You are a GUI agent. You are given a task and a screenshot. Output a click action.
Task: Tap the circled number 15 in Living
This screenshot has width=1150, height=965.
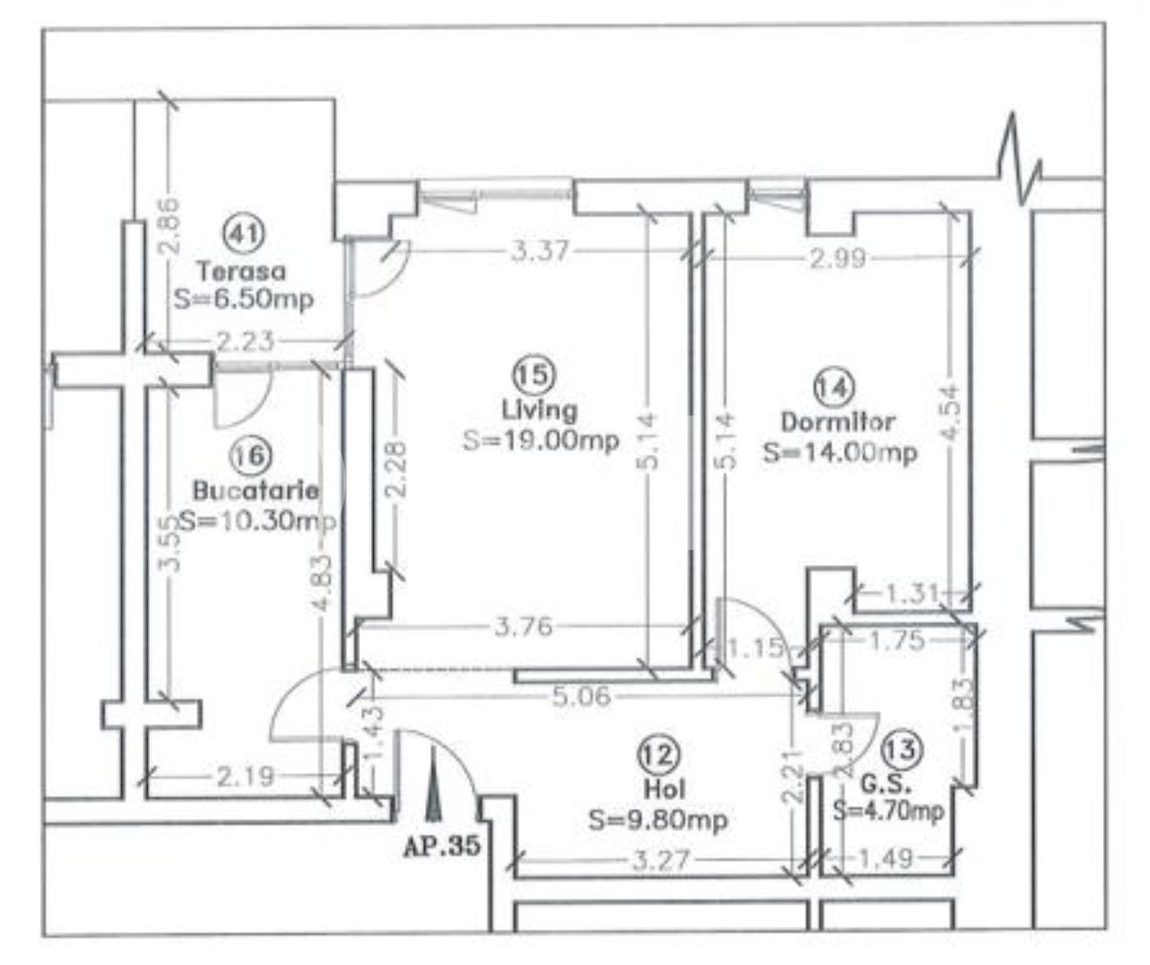(x=534, y=374)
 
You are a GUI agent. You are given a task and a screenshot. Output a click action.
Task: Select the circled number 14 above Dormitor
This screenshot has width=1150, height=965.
(x=835, y=388)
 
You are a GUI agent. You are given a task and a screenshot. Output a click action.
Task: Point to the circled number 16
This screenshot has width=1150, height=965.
(x=250, y=455)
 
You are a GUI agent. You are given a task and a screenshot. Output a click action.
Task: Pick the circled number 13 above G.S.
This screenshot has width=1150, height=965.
(x=902, y=750)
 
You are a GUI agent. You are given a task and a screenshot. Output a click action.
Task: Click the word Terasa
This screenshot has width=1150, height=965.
(x=242, y=272)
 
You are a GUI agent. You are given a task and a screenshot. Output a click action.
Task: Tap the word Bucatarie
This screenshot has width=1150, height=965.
(x=255, y=491)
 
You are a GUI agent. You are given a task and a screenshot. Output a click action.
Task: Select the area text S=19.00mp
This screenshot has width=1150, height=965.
(x=541, y=441)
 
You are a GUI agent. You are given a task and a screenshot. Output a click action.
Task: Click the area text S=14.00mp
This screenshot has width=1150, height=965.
(x=840, y=454)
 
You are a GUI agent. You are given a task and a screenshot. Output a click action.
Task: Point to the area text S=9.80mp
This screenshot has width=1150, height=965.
(x=659, y=821)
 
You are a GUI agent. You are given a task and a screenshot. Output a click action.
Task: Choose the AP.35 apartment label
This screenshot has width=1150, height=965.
(x=442, y=846)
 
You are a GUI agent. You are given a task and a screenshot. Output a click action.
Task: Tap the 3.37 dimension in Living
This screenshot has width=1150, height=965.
(x=539, y=253)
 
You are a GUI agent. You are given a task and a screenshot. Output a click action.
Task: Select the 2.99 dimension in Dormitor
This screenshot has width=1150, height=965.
(x=837, y=258)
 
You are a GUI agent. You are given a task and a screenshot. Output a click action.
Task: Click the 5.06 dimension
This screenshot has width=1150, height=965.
(x=581, y=698)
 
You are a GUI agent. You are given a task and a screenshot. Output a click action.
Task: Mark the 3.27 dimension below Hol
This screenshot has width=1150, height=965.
(x=661, y=860)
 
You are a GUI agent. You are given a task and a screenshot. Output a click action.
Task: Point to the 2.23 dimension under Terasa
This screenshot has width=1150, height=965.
(x=244, y=342)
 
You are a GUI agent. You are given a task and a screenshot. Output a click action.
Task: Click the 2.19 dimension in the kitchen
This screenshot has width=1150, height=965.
(x=245, y=778)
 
